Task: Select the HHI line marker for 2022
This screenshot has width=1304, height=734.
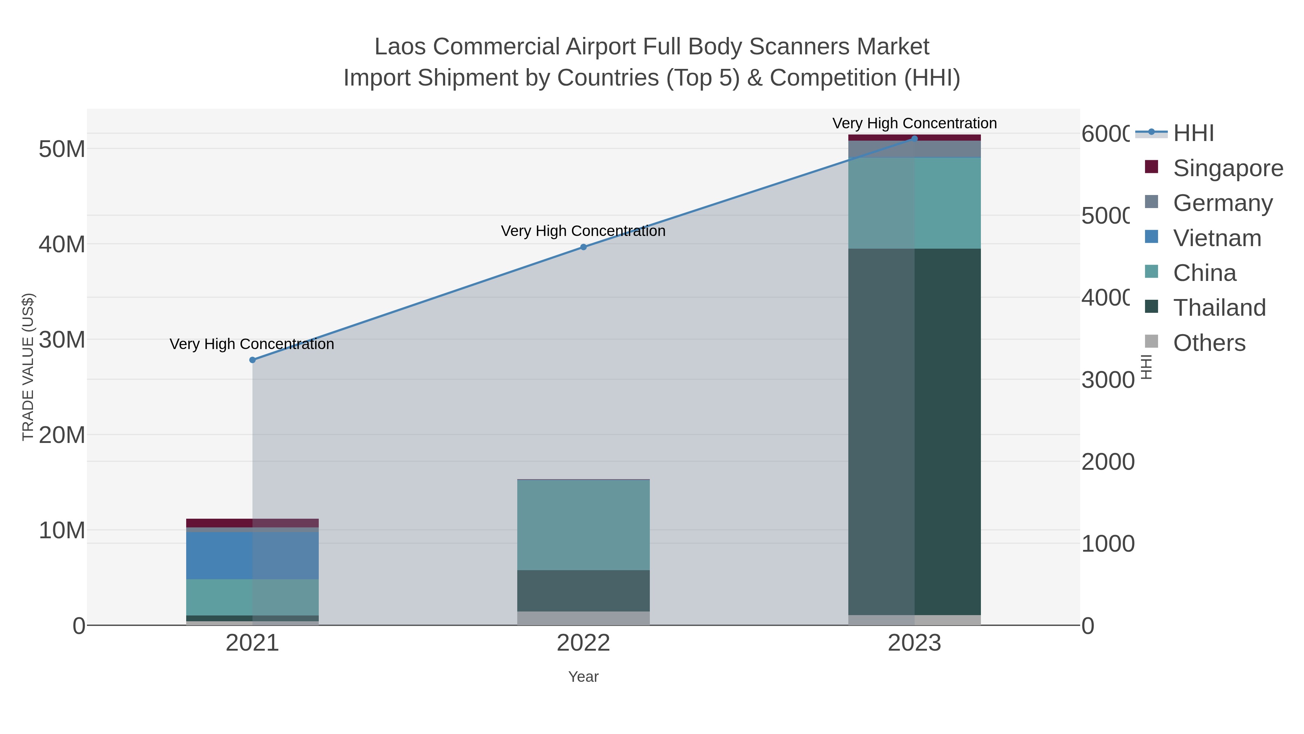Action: [583, 247]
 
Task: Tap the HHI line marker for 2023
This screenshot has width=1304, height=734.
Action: [914, 139]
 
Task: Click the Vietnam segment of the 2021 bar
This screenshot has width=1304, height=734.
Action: [252, 555]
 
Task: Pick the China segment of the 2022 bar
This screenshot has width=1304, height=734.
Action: [583, 525]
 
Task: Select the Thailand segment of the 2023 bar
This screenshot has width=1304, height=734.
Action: [914, 432]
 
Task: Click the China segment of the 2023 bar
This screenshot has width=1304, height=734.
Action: [914, 203]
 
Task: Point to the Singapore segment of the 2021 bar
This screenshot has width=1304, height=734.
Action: [252, 523]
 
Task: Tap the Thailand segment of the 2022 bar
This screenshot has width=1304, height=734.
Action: [583, 591]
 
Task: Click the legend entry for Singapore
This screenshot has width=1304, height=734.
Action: [1228, 168]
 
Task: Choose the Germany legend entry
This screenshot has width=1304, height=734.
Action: [1222, 203]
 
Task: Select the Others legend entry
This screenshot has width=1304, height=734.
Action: [1209, 343]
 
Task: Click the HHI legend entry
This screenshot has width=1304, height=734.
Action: [1193, 133]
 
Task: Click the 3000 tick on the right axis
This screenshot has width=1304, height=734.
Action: [1108, 380]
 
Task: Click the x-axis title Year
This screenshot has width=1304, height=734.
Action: [583, 677]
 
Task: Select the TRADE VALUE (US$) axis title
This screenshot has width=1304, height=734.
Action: [28, 367]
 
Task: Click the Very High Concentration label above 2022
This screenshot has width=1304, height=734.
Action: [583, 231]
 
